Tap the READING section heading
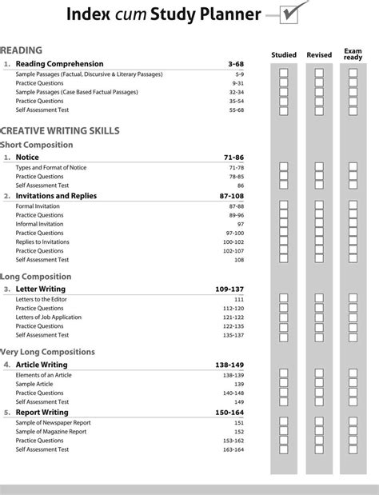tap(22, 50)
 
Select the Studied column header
tap(284, 55)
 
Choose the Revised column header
tap(319, 55)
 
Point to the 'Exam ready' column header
tap(353, 53)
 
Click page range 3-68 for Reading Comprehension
tap(235, 63)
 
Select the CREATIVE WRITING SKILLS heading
tap(60, 130)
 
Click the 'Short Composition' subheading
tap(37, 145)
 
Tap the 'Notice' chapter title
tap(27, 158)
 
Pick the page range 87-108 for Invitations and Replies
tap(229, 195)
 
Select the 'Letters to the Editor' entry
tap(44, 299)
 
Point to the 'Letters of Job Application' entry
tap(49, 317)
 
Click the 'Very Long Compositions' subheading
tap(47, 352)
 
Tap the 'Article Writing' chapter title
tap(42, 365)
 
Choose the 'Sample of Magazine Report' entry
tap(51, 431)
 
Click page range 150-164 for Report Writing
tap(229, 412)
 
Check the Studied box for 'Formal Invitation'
tap(284, 206)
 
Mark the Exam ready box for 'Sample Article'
tap(353, 384)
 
